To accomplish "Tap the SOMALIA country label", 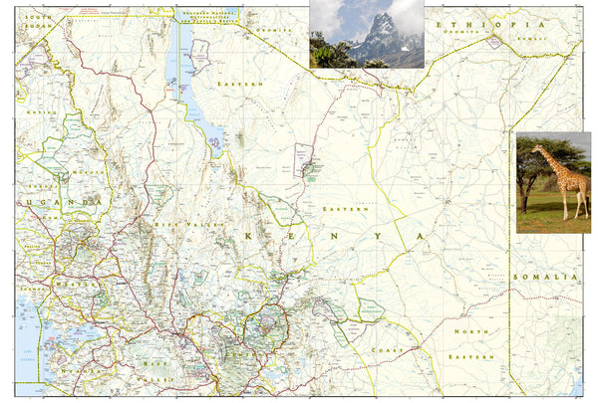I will (x=544, y=277).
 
